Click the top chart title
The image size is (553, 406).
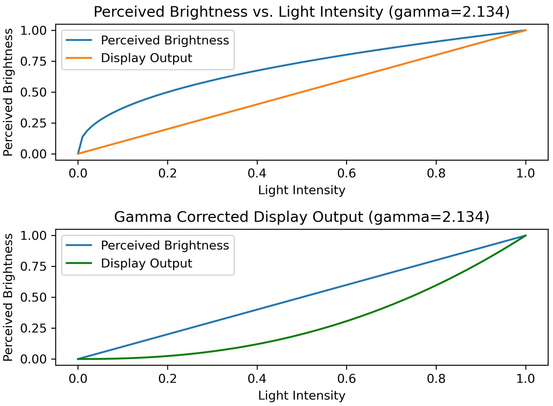pyautogui.click(x=301, y=12)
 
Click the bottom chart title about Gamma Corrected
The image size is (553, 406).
pyautogui.click(x=301, y=217)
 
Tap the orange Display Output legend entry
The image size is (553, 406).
pyautogui.click(x=146, y=58)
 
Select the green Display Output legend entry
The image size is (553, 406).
pyautogui.click(x=146, y=263)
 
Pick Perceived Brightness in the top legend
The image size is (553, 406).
pyautogui.click(x=165, y=40)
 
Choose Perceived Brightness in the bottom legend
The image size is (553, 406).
pyautogui.click(x=165, y=245)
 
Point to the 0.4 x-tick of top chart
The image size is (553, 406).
pyautogui.click(x=257, y=173)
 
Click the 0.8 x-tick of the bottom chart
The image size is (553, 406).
pyautogui.click(x=436, y=378)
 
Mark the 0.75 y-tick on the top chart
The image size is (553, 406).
pyautogui.click(x=33, y=62)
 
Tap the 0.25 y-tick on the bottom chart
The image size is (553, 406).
pyautogui.click(x=33, y=328)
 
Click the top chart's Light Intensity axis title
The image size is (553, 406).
pyautogui.click(x=301, y=190)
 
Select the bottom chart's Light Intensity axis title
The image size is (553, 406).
pyautogui.click(x=301, y=395)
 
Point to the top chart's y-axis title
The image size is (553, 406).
pyautogui.click(x=8, y=92)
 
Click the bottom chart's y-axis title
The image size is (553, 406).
pyautogui.click(x=8, y=297)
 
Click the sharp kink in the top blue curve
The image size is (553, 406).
pyautogui.click(x=82, y=137)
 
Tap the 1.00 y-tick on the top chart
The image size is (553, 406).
pyautogui.click(x=33, y=30)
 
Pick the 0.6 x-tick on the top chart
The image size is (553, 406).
pyautogui.click(x=346, y=173)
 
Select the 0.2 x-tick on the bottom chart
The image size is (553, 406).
pyautogui.click(x=167, y=378)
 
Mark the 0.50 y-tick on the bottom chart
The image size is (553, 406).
pyautogui.click(x=33, y=297)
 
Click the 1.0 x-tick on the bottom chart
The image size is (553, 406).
pyautogui.click(x=525, y=378)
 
